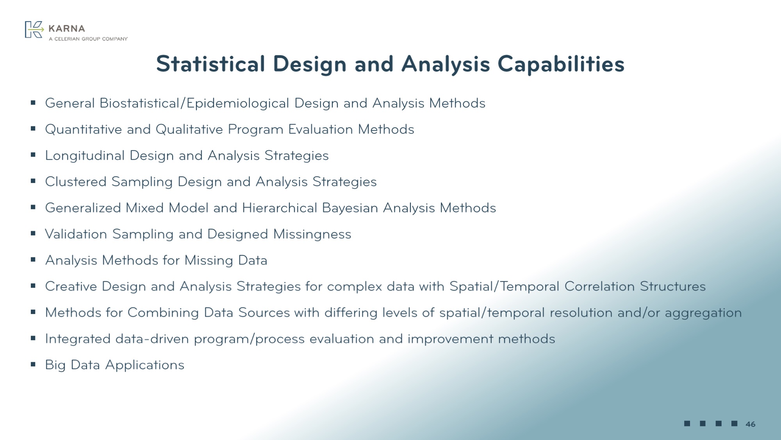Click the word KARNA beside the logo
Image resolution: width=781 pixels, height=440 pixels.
(67, 29)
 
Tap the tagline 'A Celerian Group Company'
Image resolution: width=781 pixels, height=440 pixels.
(88, 39)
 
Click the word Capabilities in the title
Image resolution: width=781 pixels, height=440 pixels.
(561, 64)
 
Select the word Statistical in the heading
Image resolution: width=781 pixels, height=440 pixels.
(210, 64)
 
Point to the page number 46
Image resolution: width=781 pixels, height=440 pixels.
(750, 424)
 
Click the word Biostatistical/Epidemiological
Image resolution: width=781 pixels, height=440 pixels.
(194, 103)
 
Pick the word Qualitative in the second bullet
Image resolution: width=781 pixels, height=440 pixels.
(189, 129)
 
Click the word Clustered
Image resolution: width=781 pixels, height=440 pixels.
(76, 182)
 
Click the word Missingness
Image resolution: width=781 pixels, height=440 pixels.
(312, 234)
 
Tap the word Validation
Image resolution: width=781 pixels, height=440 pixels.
(76, 234)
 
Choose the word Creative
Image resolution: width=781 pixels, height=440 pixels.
(71, 287)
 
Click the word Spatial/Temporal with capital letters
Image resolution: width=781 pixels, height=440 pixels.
(505, 287)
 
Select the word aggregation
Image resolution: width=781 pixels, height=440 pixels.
(703, 313)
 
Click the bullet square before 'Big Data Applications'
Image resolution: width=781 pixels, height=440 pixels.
(33, 365)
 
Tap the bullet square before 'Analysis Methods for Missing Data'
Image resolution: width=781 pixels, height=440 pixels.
(33, 260)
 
